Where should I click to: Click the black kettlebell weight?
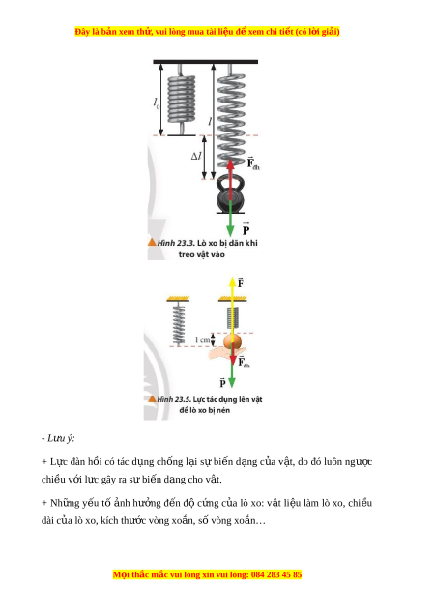[x=230, y=194]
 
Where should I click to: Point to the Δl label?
[x=196, y=156]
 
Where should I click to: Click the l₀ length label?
[x=157, y=103]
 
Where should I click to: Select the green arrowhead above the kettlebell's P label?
[x=230, y=231]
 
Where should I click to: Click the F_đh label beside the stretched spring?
[x=253, y=163]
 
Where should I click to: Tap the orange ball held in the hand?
[x=232, y=342]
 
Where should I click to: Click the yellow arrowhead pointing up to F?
[x=232, y=282]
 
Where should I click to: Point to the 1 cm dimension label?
[x=203, y=340]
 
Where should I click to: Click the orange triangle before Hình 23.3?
[x=152, y=242]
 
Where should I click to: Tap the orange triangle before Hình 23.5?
[x=153, y=398]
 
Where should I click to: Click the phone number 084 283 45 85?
[x=276, y=574]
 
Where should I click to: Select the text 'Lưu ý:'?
[x=61, y=438]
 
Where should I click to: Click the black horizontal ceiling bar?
[x=205, y=62]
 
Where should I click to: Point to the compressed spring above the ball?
[x=232, y=318]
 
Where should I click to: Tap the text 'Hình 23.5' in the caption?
[x=174, y=399]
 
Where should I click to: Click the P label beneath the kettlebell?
[x=246, y=228]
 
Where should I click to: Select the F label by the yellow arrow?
[x=241, y=282]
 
